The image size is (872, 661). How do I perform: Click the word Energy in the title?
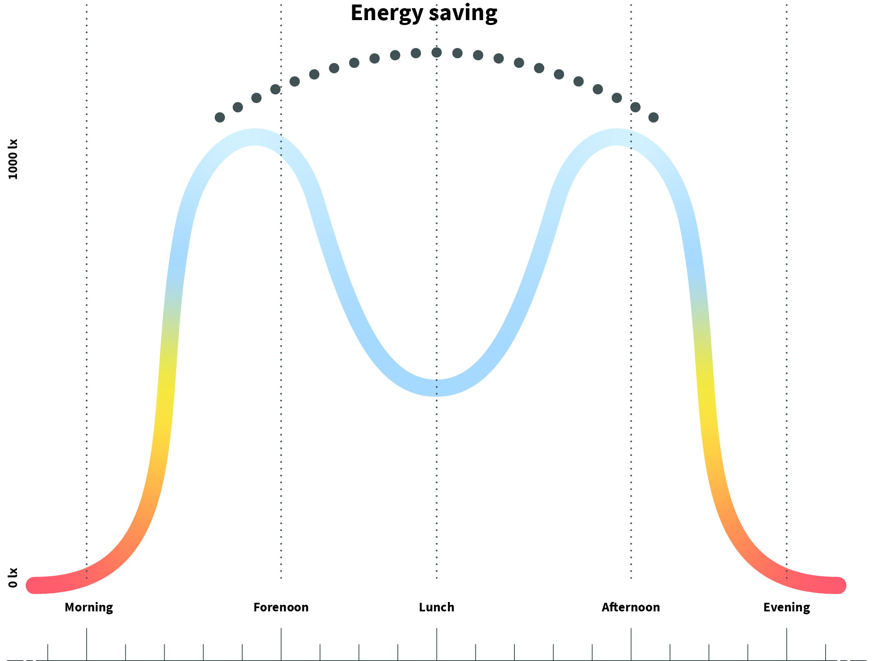pyautogui.click(x=386, y=13)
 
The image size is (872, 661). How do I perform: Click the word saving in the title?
pyautogui.click(x=463, y=13)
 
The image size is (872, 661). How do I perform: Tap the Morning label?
pyautogui.click(x=89, y=607)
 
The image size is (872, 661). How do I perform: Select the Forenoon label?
pyautogui.click(x=281, y=607)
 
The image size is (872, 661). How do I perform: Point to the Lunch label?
pyautogui.click(x=436, y=607)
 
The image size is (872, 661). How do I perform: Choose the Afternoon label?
pyautogui.click(x=631, y=607)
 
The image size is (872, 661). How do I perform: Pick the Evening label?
pyautogui.click(x=786, y=607)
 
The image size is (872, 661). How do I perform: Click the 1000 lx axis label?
pyautogui.click(x=13, y=159)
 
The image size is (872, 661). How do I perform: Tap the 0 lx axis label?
pyautogui.click(x=13, y=577)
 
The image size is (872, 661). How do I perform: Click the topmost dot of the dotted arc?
pyautogui.click(x=436, y=52)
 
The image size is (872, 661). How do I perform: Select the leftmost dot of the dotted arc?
pyautogui.click(x=220, y=118)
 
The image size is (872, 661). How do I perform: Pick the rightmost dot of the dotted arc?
pyautogui.click(x=654, y=118)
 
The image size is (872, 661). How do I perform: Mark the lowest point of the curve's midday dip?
pyautogui.click(x=436, y=387)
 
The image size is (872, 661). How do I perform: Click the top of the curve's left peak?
pyautogui.click(x=255, y=137)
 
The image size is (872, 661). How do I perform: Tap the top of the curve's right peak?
pyautogui.click(x=617, y=137)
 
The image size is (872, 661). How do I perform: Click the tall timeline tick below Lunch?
pyautogui.click(x=436, y=644)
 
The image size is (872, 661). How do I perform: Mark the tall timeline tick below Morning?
pyautogui.click(x=87, y=644)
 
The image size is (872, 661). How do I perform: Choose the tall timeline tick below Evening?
pyautogui.click(x=787, y=644)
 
